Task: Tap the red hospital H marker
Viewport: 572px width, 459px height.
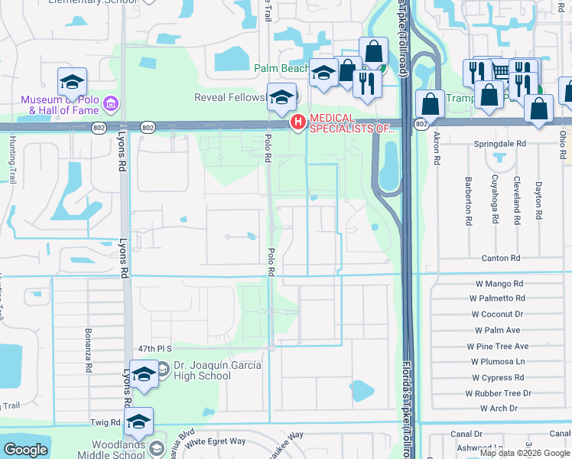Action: click(x=297, y=122)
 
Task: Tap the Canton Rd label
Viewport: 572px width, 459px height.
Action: click(x=500, y=259)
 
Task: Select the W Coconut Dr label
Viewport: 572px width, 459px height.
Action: click(x=497, y=314)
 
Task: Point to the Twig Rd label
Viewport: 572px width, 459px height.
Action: click(x=106, y=422)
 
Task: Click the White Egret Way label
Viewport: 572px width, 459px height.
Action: click(x=216, y=441)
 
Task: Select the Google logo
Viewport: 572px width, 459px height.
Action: click(x=25, y=450)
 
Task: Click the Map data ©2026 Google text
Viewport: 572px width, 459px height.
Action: click(x=525, y=453)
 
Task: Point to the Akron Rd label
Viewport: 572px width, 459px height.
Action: click(x=437, y=147)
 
